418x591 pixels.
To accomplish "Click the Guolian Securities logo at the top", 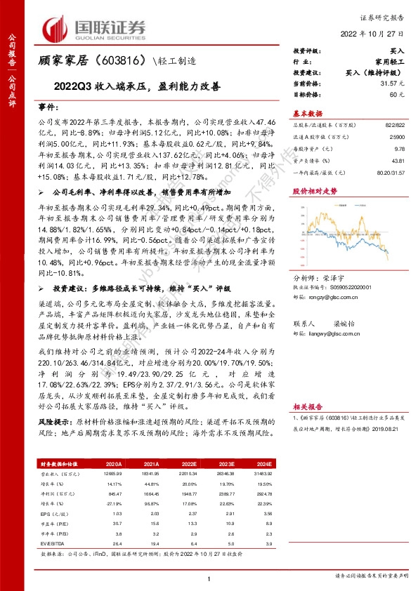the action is point(95,28).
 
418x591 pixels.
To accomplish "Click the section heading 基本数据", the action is point(307,113).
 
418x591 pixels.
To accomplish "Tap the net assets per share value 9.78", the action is point(398,148).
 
